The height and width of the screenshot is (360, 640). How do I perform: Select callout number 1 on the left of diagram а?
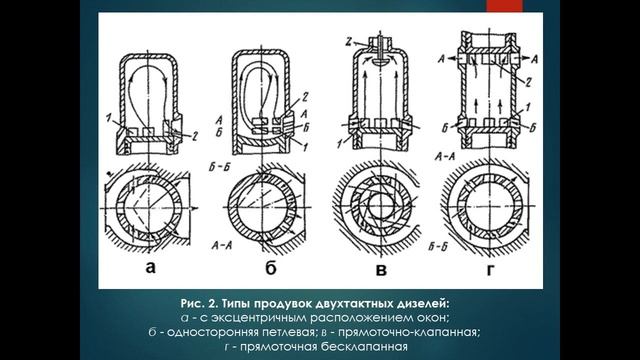coord(119,119)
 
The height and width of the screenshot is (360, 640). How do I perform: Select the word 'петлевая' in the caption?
coord(288,331)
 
